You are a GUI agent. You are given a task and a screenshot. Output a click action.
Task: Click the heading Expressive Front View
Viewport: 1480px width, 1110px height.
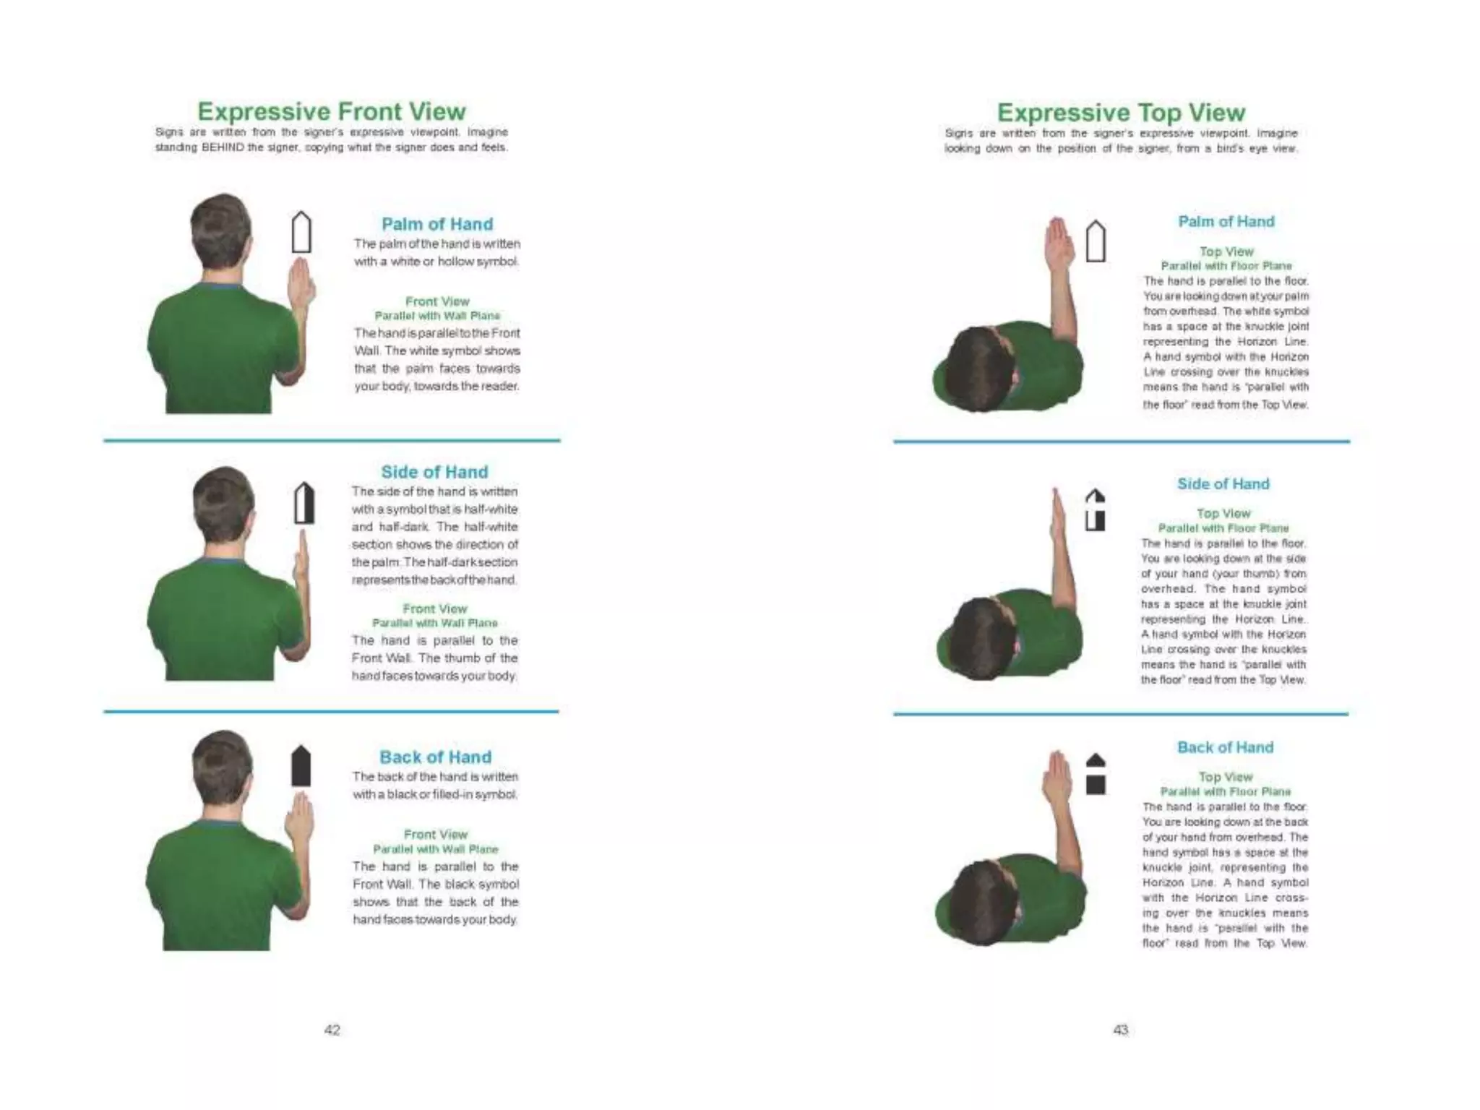pos(332,111)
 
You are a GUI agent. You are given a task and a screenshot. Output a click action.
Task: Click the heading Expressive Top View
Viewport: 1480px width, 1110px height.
pos(1121,113)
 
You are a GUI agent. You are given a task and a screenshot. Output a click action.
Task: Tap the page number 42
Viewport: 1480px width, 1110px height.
pos(332,1030)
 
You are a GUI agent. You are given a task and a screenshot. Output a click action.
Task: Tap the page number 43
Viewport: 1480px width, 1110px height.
pos(1120,1030)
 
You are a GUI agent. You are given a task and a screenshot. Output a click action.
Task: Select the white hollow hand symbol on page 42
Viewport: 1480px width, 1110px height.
pos(301,232)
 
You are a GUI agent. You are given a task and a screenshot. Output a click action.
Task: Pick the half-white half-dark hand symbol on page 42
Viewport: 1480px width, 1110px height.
pos(304,503)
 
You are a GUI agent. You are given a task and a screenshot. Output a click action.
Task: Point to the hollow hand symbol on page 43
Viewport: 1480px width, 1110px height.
pos(1096,241)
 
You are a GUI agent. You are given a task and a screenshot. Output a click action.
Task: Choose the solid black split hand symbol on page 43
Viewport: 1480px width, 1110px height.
pos(1096,774)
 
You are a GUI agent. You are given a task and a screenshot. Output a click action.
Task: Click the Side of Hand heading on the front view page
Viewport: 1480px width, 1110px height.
pos(434,472)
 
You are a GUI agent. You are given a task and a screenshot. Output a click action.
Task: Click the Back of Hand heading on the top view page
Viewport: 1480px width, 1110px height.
pos(1225,747)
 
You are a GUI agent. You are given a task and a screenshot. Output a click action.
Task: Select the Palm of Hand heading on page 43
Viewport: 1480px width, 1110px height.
pos(1226,222)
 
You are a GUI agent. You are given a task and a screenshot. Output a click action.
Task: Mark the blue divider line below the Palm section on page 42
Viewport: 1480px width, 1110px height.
pos(332,440)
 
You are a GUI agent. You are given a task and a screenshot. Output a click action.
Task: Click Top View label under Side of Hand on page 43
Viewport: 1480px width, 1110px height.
pos(1223,513)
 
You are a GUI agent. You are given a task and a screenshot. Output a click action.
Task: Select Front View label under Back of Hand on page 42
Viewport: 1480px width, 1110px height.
pos(435,834)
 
